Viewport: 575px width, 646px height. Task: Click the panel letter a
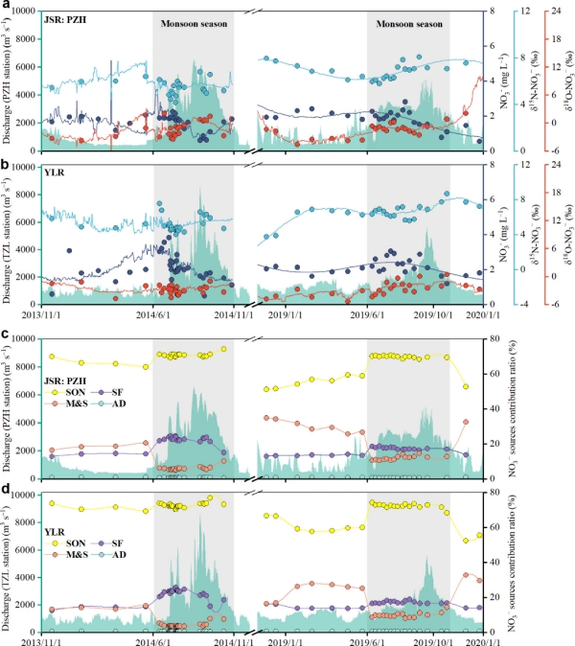[5, 7]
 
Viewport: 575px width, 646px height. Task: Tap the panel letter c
[5, 335]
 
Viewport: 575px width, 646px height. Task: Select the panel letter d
[5, 491]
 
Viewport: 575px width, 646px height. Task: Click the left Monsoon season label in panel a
[194, 22]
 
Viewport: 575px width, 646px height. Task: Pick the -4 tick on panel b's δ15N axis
[529, 304]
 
